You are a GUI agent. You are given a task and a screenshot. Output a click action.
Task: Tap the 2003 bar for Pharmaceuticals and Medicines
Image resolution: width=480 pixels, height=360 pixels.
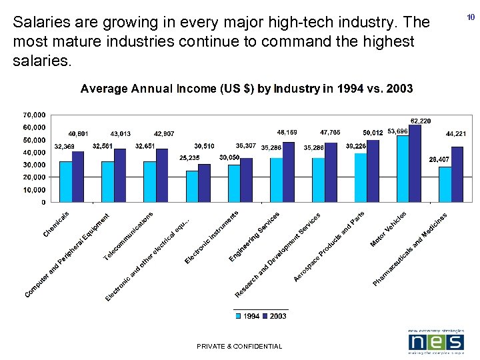(457, 175)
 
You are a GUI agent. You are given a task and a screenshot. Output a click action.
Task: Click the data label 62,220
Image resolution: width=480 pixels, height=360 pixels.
(420, 121)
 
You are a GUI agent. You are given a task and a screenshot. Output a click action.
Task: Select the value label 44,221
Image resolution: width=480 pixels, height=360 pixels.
(455, 134)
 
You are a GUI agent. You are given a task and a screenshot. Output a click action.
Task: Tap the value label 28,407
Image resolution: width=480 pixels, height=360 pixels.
(438, 159)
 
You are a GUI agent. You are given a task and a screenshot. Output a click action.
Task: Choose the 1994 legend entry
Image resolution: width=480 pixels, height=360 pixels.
(247, 316)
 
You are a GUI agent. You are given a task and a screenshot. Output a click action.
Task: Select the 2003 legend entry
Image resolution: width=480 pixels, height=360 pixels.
(274, 316)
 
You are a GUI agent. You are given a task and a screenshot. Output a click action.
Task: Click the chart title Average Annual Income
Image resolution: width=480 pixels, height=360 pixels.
(247, 89)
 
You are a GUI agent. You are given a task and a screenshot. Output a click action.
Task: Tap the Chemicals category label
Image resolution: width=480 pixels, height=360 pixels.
(57, 224)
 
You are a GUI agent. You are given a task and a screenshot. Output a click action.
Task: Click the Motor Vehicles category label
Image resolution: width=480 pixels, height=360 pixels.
(389, 229)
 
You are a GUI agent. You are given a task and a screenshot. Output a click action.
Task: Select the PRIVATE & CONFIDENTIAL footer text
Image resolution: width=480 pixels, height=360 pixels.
(239, 346)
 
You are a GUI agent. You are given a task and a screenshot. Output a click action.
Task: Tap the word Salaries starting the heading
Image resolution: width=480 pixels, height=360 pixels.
(38, 22)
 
